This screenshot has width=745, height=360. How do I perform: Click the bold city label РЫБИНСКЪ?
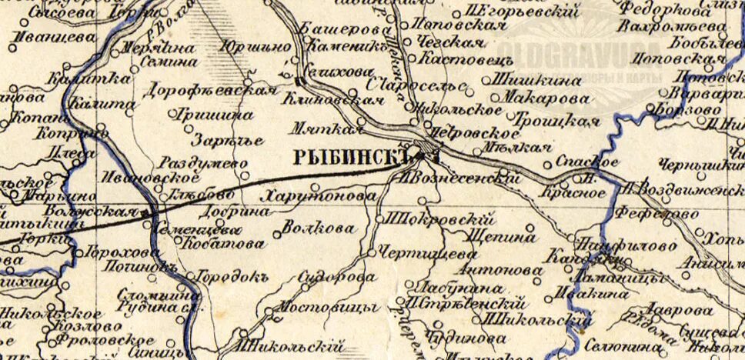pyautogui.click(x=350, y=158)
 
